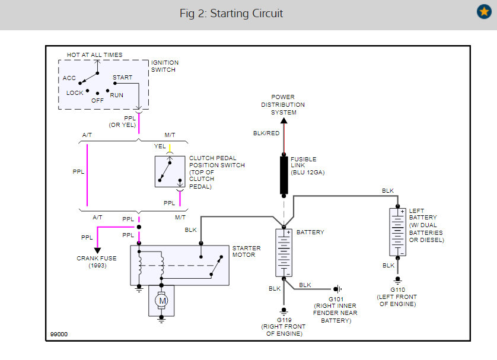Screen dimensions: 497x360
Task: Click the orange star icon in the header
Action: [484, 11]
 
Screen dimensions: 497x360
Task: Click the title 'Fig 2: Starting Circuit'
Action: [231, 13]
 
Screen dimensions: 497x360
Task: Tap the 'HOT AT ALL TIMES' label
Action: [94, 55]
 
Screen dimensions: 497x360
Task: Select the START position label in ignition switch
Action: [122, 77]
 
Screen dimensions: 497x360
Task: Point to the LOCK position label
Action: [75, 93]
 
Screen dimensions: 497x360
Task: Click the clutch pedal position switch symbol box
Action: [170, 171]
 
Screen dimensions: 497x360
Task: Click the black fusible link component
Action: [283, 175]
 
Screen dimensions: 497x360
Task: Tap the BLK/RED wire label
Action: [266, 133]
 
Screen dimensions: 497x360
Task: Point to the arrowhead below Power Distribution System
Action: [284, 120]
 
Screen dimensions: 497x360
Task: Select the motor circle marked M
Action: [162, 301]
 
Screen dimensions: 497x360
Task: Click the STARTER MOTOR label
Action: [246, 251]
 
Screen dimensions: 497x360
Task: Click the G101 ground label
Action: [336, 299]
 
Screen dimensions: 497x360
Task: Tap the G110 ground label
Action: [397, 289]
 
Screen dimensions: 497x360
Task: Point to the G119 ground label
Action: [284, 320]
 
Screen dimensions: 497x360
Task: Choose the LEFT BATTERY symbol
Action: [397, 232]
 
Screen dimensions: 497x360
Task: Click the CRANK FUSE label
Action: [97, 258]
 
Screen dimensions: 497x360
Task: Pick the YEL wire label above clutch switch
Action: [160, 146]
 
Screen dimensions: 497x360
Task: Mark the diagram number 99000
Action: [59, 334]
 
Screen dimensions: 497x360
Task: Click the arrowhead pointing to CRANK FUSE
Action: [97, 250]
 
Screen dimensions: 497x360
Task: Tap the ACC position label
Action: [69, 78]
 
